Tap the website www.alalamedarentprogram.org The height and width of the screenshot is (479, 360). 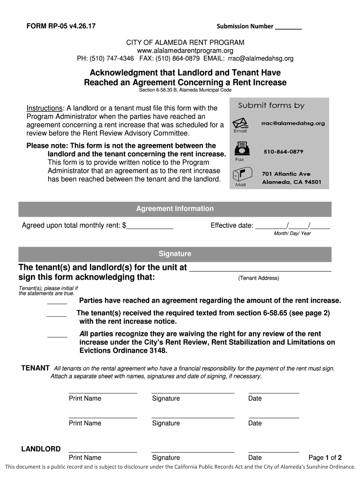pyautogui.click(x=185, y=51)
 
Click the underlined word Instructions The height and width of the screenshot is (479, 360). pyautogui.click(x=44, y=108)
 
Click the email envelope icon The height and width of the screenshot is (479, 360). pyautogui.click(x=240, y=123)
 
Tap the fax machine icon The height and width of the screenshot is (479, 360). pyautogui.click(x=240, y=151)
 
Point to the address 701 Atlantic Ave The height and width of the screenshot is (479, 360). pyautogui.click(x=286, y=174)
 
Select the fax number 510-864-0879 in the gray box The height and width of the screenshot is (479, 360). pyautogui.click(x=283, y=152)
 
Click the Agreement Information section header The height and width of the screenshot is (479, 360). pyautogui.click(x=175, y=209)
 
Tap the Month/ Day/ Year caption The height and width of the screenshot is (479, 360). pyautogui.click(x=292, y=233)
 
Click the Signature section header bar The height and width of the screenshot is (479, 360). pyautogui.click(x=175, y=254)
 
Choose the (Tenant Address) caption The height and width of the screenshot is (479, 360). pyautogui.click(x=259, y=278)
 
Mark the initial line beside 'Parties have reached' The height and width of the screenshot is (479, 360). pyautogui.click(x=57, y=303)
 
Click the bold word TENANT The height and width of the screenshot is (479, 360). pyautogui.click(x=36, y=368)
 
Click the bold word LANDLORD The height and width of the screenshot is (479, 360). pyautogui.click(x=41, y=449)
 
